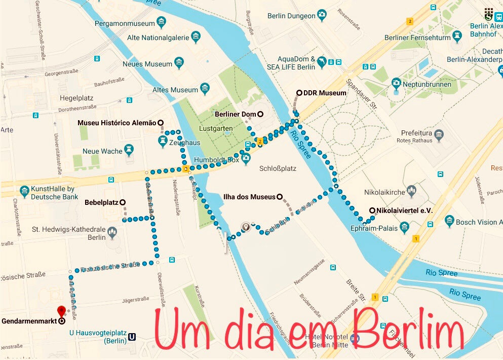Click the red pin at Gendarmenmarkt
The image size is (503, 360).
pos(61,310)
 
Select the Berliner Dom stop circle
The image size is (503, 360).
pos(260,114)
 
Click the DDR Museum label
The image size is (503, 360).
pos(325,93)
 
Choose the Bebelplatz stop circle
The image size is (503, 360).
pos(123,202)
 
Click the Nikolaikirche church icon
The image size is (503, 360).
pos(411,192)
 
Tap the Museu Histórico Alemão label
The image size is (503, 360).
pos(117,123)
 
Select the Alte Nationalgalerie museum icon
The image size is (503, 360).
pos(196,37)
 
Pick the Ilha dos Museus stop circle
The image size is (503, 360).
pos(279,197)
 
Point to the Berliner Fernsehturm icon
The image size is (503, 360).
pos(458,37)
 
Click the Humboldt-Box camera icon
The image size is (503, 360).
pos(246,159)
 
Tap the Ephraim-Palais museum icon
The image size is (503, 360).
pos(404,228)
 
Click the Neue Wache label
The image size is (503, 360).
pos(102,151)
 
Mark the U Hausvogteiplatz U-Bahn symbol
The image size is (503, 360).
pos(132,336)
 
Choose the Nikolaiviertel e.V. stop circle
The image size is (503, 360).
pos(372,210)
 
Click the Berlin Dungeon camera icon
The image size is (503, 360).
pos(322,16)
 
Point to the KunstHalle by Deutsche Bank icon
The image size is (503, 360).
pos(24,192)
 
